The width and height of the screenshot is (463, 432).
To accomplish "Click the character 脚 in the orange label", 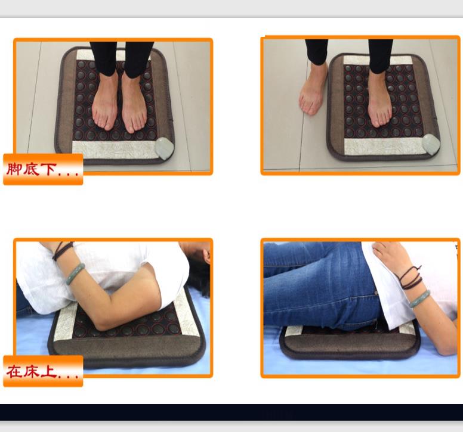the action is click(14, 169).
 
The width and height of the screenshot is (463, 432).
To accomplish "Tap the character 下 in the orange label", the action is click(48, 169).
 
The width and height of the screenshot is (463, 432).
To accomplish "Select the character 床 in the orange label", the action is click(31, 372).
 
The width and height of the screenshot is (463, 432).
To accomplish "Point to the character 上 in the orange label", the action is click(48, 372).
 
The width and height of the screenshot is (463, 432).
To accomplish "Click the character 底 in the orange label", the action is click(31, 169).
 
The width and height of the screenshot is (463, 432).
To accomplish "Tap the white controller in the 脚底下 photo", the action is click(164, 148).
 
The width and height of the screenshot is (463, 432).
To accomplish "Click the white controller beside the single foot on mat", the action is click(431, 144).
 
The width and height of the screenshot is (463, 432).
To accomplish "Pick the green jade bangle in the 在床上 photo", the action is click(75, 274).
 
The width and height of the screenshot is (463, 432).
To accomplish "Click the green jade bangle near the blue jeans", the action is click(419, 299).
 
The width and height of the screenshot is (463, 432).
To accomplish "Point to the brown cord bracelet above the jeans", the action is click(410, 278).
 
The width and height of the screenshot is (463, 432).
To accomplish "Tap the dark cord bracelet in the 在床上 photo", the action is click(61, 250).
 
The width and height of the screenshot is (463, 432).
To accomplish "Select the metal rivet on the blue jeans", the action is click(376, 293).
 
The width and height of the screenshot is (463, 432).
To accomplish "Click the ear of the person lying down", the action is click(206, 256).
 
